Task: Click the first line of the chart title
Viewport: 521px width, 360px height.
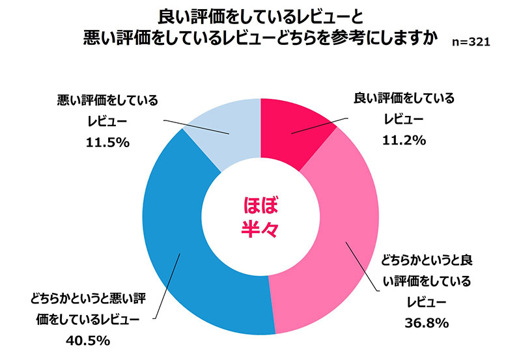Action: (260, 14)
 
